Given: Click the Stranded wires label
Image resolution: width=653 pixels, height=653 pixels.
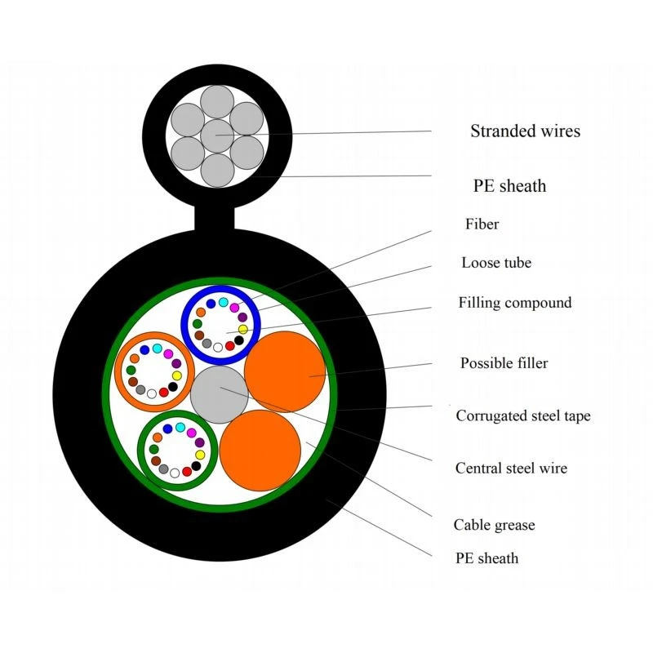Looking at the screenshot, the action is (525, 131).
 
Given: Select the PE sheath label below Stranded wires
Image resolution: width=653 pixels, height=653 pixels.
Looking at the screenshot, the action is (509, 186).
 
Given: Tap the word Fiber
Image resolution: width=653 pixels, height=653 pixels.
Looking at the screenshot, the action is (482, 224).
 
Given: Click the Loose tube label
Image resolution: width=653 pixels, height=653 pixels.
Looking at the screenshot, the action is (496, 262).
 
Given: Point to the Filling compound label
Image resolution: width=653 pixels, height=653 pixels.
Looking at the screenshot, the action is (515, 303).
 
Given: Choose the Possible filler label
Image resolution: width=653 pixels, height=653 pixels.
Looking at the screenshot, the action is (504, 362).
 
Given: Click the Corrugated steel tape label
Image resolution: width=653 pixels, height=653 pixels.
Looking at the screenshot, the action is (523, 415).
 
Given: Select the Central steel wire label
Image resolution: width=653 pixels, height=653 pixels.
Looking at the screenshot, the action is (512, 468).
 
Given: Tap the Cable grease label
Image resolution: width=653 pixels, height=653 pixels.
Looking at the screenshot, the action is (495, 525).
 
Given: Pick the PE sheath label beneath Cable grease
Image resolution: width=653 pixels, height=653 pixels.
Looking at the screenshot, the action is (486, 558).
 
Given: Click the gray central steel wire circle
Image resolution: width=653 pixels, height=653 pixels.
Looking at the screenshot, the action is (220, 394).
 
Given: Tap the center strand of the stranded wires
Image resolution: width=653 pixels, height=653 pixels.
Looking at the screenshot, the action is (217, 136).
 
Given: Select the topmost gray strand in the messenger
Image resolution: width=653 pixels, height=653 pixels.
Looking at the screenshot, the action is (217, 102).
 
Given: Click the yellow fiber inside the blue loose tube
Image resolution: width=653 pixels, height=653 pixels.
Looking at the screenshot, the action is (243, 330).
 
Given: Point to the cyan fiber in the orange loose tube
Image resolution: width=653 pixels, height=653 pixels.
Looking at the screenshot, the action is (157, 349).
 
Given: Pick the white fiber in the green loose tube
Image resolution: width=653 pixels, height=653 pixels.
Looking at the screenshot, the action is (175, 473).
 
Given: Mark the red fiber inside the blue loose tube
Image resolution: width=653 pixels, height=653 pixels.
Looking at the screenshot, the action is (230, 345).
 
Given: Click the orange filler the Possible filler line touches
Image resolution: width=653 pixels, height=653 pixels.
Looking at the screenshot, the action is (284, 372).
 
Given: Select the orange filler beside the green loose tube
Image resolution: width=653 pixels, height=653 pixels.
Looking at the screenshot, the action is (260, 451).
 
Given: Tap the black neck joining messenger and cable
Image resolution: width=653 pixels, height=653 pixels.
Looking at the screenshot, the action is (215, 218).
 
